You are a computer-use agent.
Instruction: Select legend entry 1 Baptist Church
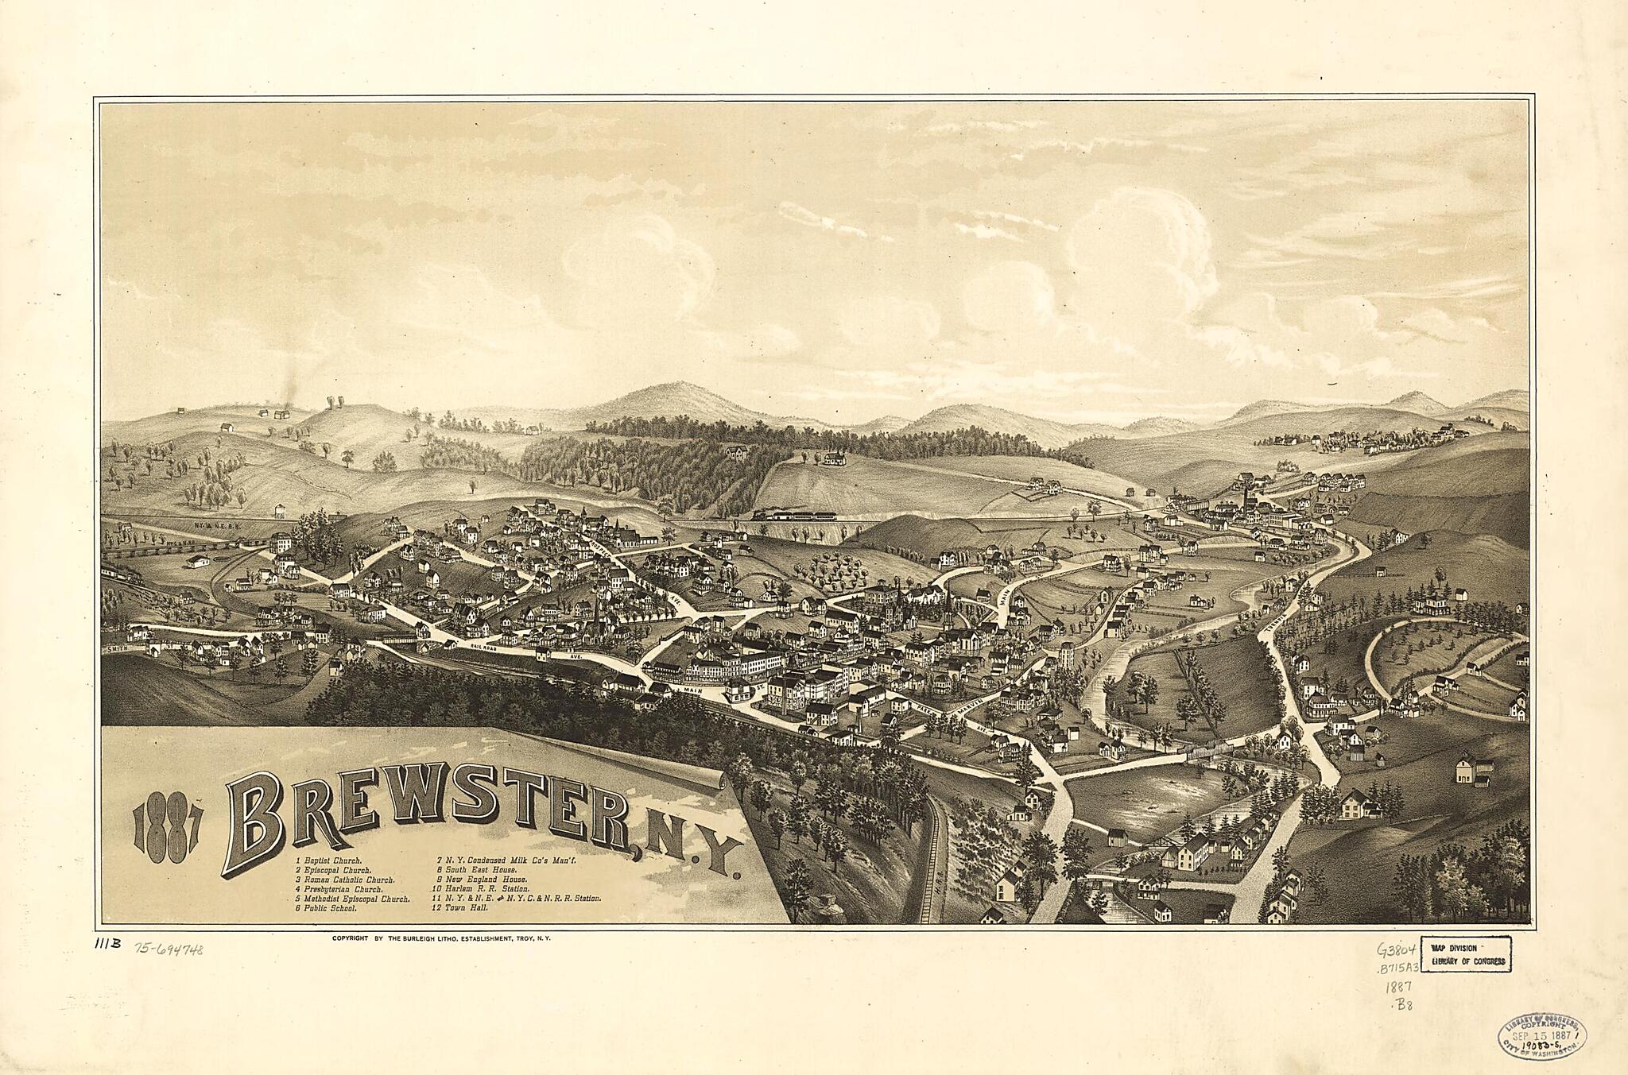pyautogui.click(x=328, y=860)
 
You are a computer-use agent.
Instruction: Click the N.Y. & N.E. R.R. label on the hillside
pyautogui.click(x=212, y=525)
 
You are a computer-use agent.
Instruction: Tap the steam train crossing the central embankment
pyautogui.click(x=795, y=514)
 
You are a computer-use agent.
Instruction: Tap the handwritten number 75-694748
pyautogui.click(x=168, y=948)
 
